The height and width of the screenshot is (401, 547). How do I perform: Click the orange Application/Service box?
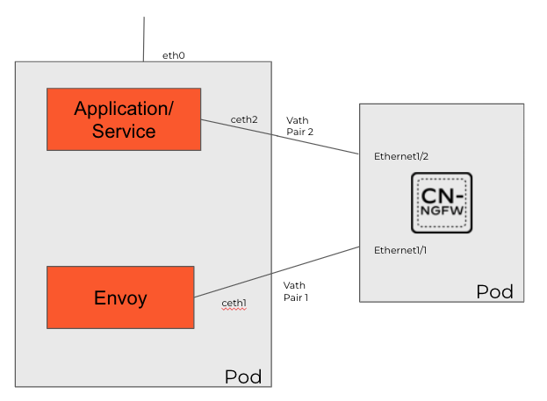pyautogui.click(x=124, y=119)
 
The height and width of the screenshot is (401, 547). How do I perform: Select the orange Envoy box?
pyautogui.click(x=120, y=297)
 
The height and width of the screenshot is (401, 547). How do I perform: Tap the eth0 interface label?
pyautogui.click(x=173, y=55)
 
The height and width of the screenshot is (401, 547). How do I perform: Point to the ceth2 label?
pyautogui.click(x=243, y=119)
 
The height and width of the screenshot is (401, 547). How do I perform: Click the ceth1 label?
pyautogui.click(x=234, y=303)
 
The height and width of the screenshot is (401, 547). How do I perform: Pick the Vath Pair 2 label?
pyautogui.click(x=299, y=125)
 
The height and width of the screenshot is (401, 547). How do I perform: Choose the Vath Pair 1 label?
pyautogui.click(x=295, y=291)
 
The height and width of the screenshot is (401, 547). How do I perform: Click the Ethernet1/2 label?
pyautogui.click(x=400, y=155)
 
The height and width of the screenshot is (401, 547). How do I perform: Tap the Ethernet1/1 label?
pyautogui.click(x=400, y=250)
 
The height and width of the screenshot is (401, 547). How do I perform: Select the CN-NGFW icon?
pyautogui.click(x=442, y=203)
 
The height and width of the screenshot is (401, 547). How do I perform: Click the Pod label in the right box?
pyautogui.click(x=494, y=291)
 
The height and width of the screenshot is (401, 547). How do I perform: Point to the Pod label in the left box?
pyautogui.click(x=243, y=377)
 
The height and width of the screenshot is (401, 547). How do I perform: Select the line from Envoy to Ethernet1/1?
pyautogui.click(x=276, y=271)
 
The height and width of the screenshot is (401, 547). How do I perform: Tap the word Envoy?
pyautogui.click(x=120, y=297)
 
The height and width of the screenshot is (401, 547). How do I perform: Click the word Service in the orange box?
pyautogui.click(x=124, y=132)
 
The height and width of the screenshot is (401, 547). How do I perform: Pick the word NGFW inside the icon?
pyautogui.click(x=442, y=213)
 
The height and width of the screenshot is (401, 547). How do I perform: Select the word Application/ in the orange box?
pyautogui.click(x=124, y=109)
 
